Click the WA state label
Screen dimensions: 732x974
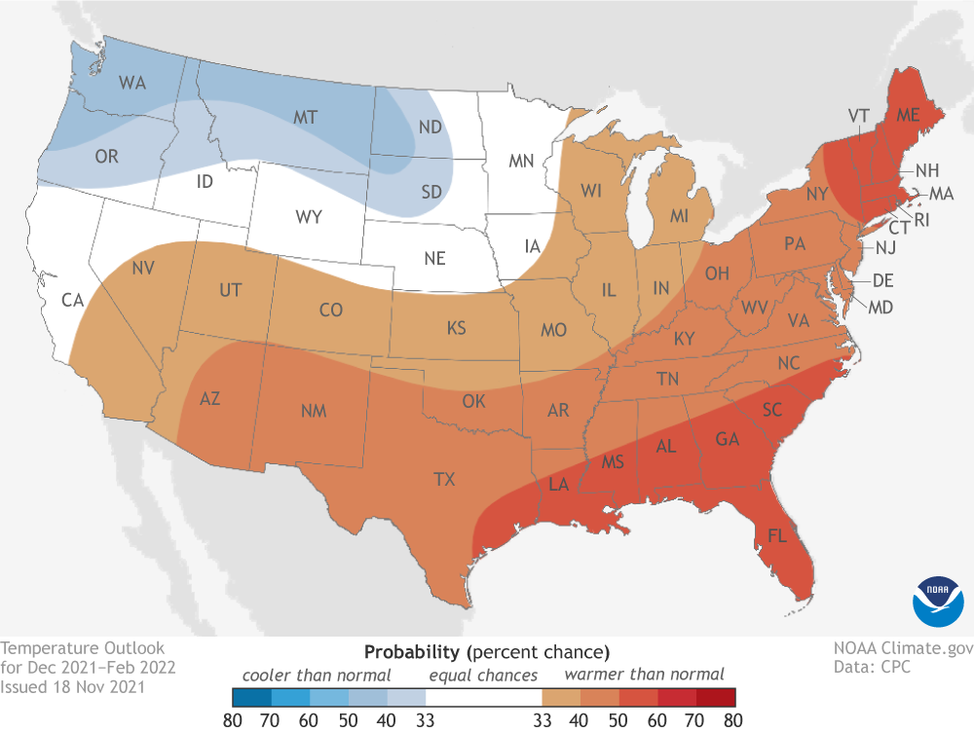132,84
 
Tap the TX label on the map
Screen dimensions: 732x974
444,478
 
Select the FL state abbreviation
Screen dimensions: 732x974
777,536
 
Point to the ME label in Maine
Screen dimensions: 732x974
909,115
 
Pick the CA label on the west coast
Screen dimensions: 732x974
72,300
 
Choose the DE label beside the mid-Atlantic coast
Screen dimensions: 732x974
882,281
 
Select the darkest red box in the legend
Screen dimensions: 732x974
716,697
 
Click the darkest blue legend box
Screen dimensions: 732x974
251,697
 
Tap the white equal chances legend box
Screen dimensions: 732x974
483,697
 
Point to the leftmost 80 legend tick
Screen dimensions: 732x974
233,719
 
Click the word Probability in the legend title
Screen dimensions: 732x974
410,650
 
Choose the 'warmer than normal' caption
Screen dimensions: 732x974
645,674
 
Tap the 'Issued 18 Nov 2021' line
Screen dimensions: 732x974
74,687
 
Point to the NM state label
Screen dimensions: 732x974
313,412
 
